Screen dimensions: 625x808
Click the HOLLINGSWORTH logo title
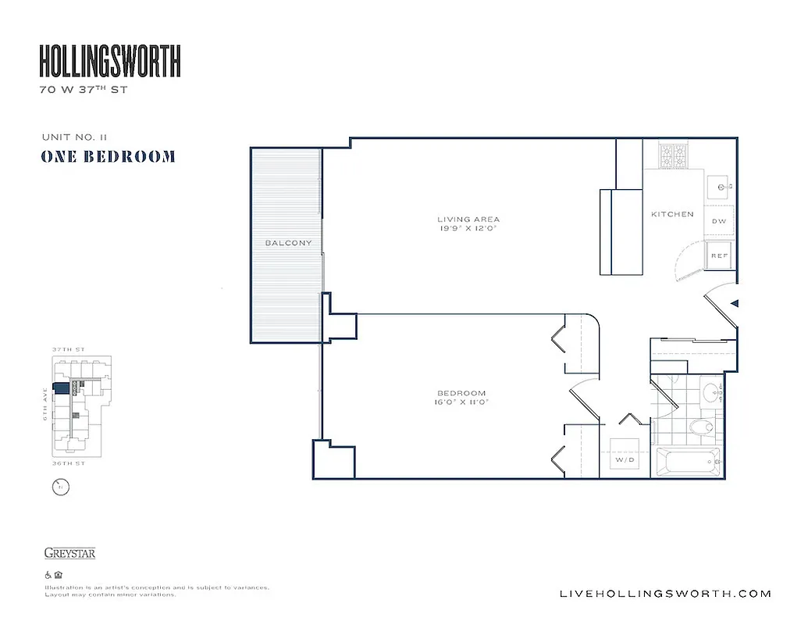click(110, 61)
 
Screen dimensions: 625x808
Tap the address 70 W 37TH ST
click(83, 90)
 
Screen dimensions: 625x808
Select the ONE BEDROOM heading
click(108, 156)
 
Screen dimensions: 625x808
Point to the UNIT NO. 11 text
click(74, 137)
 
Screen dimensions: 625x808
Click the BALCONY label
click(288, 243)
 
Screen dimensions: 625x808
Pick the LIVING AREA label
click(468, 220)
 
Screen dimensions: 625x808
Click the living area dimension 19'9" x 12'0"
click(468, 230)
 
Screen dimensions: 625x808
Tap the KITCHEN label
click(672, 214)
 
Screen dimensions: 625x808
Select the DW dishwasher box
click(719, 221)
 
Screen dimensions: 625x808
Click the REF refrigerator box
click(719, 255)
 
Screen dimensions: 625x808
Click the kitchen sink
click(720, 187)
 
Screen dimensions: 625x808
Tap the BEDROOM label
click(461, 393)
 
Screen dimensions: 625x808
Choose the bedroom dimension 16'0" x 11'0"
click(461, 403)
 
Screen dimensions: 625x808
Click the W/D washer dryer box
click(625, 459)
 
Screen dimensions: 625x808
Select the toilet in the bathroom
click(703, 427)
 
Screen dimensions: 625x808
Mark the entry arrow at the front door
click(734, 304)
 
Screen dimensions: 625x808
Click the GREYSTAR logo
click(69, 554)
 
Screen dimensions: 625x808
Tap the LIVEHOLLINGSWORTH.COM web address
click(666, 594)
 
